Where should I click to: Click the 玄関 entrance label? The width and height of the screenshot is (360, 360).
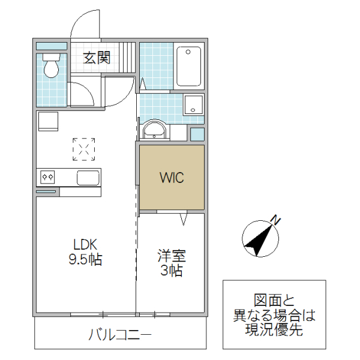(96, 58)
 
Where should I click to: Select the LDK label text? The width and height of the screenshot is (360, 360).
(85, 245)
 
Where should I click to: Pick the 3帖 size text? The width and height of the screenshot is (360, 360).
(172, 271)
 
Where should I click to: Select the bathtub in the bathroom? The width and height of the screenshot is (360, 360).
(191, 67)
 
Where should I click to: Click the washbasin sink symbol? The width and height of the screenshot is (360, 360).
(155, 130)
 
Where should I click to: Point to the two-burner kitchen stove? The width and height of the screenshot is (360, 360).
(48, 177)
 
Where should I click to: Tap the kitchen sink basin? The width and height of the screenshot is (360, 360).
(88, 178)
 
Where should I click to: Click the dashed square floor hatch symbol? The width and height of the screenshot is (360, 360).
(84, 149)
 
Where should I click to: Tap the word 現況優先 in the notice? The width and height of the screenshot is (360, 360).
(274, 329)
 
